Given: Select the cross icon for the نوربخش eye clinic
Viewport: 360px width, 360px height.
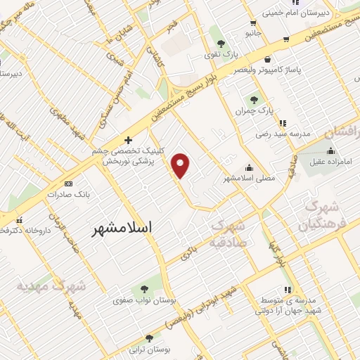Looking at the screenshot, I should [128, 139].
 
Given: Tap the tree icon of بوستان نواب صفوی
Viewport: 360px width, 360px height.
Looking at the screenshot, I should [145, 289].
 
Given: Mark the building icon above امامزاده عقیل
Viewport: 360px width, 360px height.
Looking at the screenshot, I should [330, 150].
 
